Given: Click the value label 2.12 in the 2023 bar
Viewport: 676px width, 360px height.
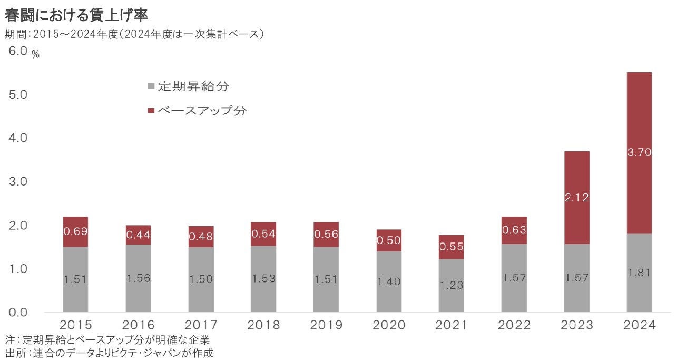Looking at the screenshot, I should (x=576, y=198).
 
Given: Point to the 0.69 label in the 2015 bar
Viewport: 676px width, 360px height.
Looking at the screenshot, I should (x=75, y=231).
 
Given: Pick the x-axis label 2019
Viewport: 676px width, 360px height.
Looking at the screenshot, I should (x=326, y=325).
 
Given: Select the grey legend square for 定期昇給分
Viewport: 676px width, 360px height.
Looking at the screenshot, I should (x=151, y=86).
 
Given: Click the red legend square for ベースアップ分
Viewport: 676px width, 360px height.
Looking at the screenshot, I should (x=151, y=111).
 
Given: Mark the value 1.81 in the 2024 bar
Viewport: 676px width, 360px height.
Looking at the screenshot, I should (x=639, y=273).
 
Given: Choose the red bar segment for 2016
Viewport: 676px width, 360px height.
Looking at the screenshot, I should (x=138, y=235).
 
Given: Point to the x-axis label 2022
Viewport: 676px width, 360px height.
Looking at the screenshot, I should (x=514, y=325).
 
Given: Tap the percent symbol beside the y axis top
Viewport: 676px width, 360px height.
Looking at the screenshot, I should (x=36, y=55).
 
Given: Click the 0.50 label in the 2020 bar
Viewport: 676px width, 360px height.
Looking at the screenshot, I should (x=389, y=240).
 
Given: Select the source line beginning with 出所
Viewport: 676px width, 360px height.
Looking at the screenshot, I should (x=110, y=353).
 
